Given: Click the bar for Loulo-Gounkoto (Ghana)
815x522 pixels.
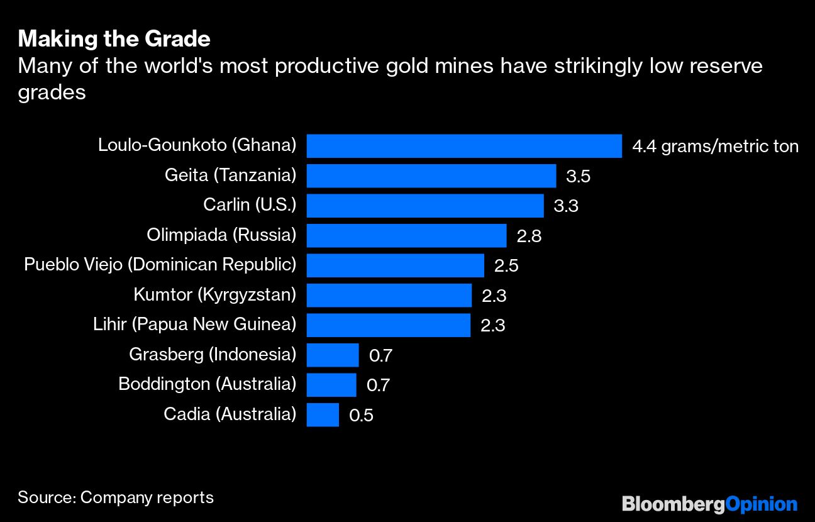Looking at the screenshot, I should point(464,146).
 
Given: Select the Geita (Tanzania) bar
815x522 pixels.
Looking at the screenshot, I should point(431,175).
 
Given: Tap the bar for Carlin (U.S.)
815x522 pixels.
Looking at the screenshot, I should point(425,206).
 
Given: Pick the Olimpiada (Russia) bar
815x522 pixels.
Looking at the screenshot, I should point(406,235).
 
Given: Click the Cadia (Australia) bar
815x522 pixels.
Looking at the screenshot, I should point(323,415).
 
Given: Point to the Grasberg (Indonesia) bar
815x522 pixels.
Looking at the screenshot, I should point(333,355).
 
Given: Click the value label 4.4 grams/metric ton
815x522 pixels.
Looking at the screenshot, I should point(715,147).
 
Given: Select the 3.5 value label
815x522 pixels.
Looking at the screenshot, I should point(578,177).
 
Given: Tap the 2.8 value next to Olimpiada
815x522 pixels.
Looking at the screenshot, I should point(528,236).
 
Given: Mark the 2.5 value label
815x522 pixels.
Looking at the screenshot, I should point(506,266).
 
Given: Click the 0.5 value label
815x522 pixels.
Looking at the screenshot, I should point(361,416).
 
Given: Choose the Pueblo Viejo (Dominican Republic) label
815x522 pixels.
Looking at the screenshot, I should point(160,265).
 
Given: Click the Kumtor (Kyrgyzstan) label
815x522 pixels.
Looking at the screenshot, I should point(214,294).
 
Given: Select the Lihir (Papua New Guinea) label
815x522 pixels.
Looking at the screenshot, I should point(194,325).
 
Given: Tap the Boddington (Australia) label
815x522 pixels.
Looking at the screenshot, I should point(207,384).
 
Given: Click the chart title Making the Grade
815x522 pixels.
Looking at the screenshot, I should point(114,39).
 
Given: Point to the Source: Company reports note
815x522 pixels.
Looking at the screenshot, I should point(116,497).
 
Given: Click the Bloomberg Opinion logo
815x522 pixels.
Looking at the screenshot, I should point(709,504).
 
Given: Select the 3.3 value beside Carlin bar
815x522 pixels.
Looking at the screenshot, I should point(565,206).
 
